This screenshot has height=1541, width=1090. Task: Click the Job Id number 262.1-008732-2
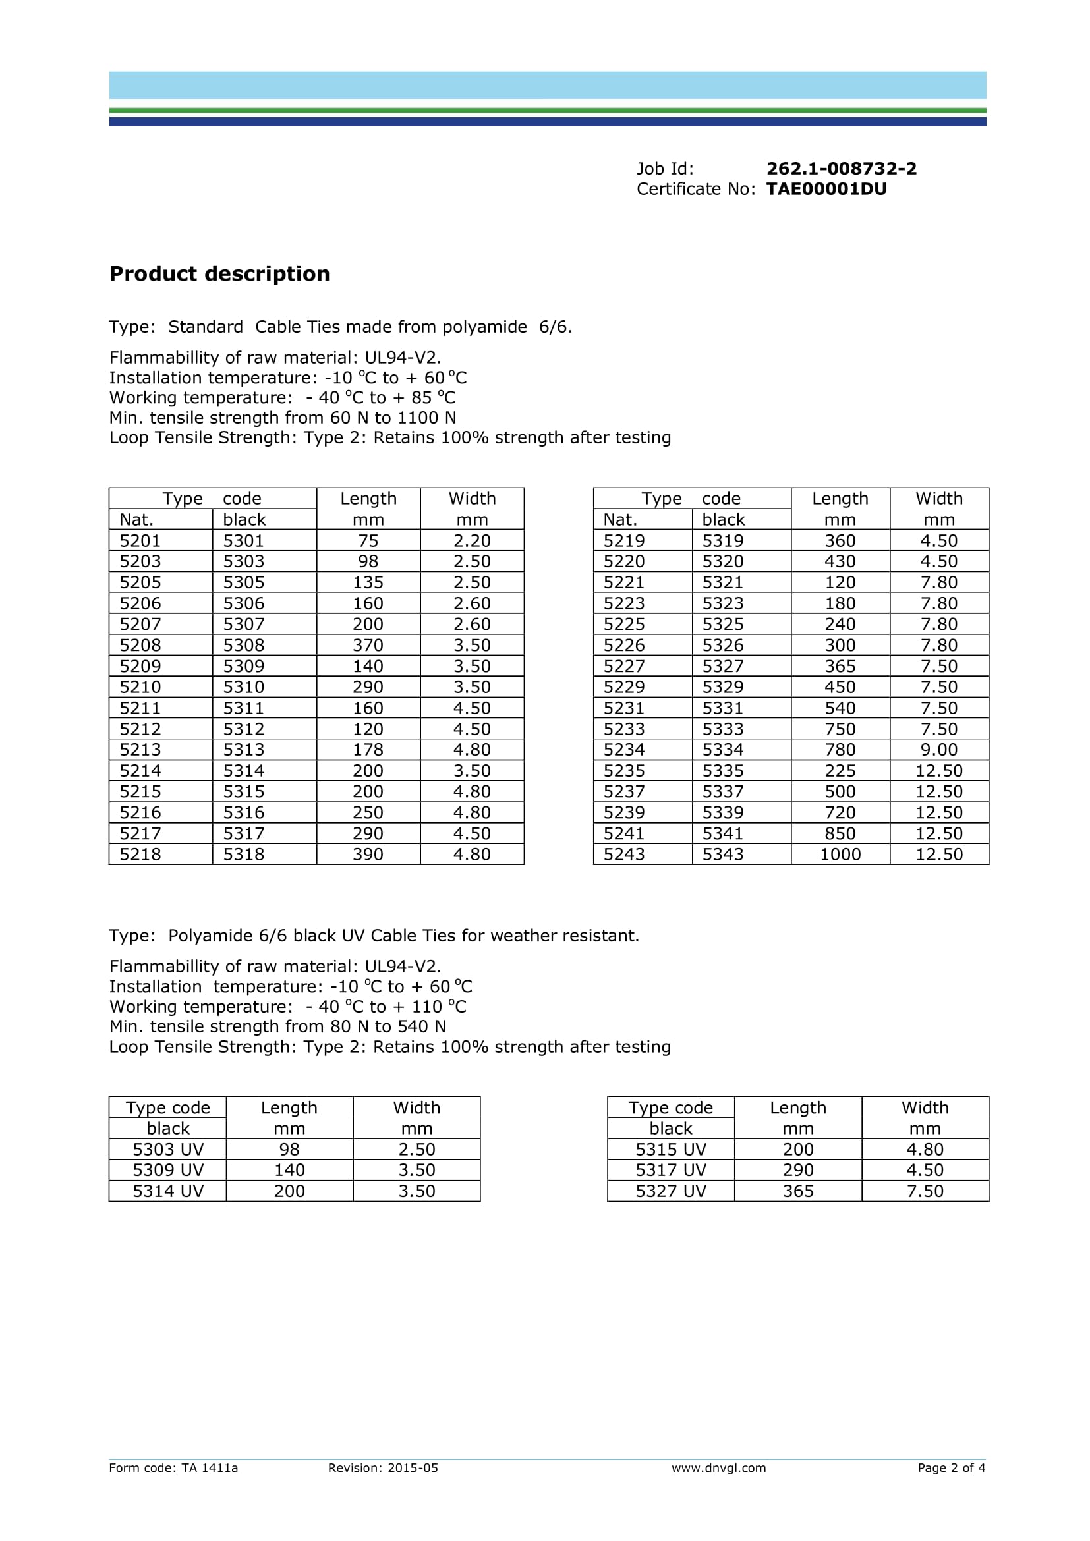(841, 169)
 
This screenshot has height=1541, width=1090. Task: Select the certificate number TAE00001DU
(826, 189)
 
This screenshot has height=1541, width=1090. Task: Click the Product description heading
(219, 274)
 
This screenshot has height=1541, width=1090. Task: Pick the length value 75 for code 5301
(368, 540)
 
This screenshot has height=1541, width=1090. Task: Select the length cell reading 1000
(840, 855)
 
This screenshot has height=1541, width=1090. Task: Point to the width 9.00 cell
(938, 750)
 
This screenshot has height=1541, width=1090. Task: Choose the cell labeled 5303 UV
(168, 1149)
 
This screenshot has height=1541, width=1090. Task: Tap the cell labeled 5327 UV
(670, 1191)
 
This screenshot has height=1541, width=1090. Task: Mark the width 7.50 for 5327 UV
(924, 1191)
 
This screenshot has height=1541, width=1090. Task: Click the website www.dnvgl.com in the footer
(718, 1468)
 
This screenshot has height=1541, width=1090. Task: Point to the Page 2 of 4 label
(951, 1468)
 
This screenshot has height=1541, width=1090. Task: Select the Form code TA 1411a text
(173, 1468)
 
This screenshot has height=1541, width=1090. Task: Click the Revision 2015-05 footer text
(383, 1468)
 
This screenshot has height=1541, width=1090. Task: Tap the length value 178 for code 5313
(368, 750)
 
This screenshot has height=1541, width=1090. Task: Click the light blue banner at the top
(548, 85)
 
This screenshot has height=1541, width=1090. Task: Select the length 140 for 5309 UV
(289, 1170)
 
